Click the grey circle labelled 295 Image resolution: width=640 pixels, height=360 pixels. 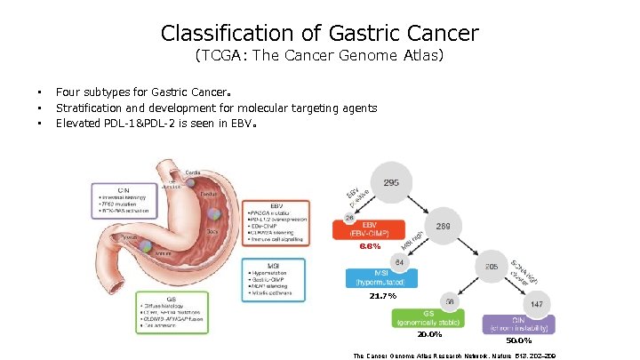tap(392, 184)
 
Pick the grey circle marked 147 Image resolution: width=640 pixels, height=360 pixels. tap(536, 305)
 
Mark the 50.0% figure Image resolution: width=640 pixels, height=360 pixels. tap(520, 340)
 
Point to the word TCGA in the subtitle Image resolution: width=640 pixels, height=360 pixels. tap(220, 57)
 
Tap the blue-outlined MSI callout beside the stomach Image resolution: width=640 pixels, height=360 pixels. tap(273, 278)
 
